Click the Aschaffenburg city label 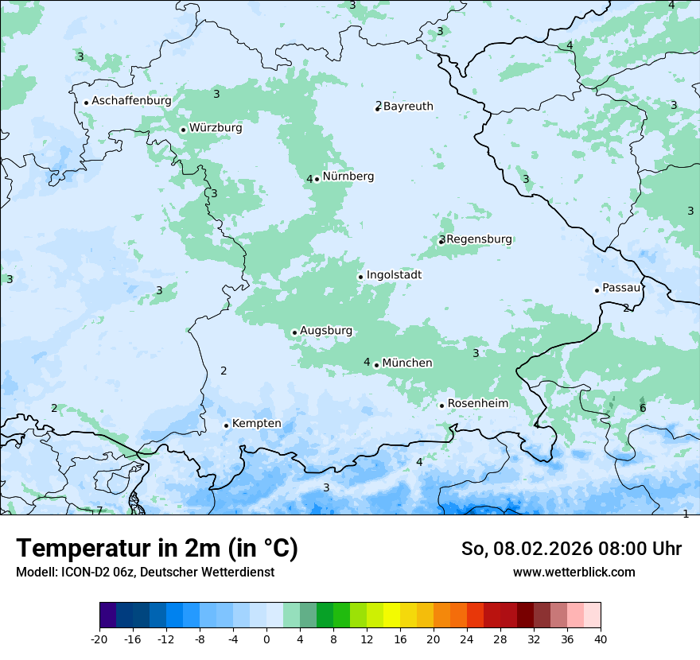coord(131,101)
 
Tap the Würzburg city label coord(216,127)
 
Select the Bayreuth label coord(408,106)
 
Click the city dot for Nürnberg coord(317,179)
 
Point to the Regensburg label coord(480,239)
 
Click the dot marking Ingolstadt coord(360,277)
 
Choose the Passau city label coord(621,288)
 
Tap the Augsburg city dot coord(294,332)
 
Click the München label coord(407,363)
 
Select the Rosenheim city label coord(477,403)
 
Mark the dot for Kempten coord(226,425)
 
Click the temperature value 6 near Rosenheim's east coord(643,409)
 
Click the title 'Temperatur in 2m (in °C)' coord(157,549)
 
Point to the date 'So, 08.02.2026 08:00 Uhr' coord(571,549)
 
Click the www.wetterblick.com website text coord(574,572)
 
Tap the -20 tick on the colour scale coord(99,639)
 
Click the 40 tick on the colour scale coord(600,639)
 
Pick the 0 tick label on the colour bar coord(266,639)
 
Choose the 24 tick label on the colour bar coord(466,639)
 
